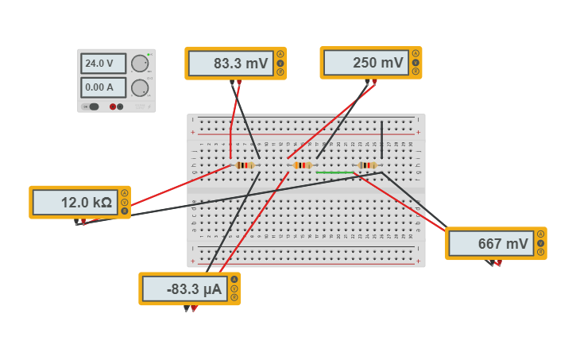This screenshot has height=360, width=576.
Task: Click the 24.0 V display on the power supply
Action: point(103,64)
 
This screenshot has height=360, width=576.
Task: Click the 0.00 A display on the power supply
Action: point(103,87)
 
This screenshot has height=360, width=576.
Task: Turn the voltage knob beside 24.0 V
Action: point(140,64)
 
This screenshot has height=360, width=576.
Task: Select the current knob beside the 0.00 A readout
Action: point(140,87)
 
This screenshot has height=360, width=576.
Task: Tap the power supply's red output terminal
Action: point(113,106)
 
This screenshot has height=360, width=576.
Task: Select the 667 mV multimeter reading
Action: point(491,244)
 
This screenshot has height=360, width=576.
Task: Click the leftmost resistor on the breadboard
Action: point(245,165)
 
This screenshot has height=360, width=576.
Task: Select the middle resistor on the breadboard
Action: point(302,165)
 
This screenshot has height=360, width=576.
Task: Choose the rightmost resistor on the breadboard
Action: point(366,165)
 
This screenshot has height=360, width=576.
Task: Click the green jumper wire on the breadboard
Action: point(334,172)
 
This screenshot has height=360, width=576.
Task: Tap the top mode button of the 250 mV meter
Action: point(415,54)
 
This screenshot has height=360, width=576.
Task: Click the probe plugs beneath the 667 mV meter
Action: point(494,262)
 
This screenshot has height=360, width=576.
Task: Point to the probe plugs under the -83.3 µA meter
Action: point(190,308)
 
